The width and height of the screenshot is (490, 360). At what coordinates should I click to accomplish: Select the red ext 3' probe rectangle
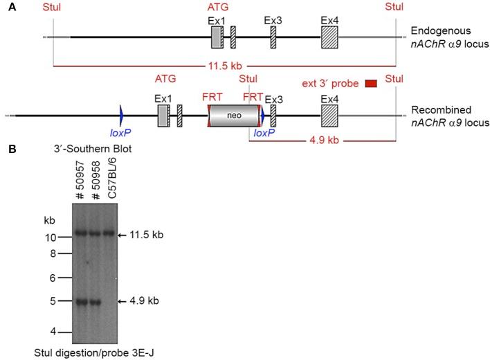(370, 84)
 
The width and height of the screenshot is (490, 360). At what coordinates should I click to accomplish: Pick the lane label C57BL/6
(107, 181)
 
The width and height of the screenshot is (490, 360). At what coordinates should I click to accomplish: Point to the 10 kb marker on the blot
(51, 237)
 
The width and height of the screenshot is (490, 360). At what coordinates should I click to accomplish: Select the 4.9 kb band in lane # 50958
(94, 301)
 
